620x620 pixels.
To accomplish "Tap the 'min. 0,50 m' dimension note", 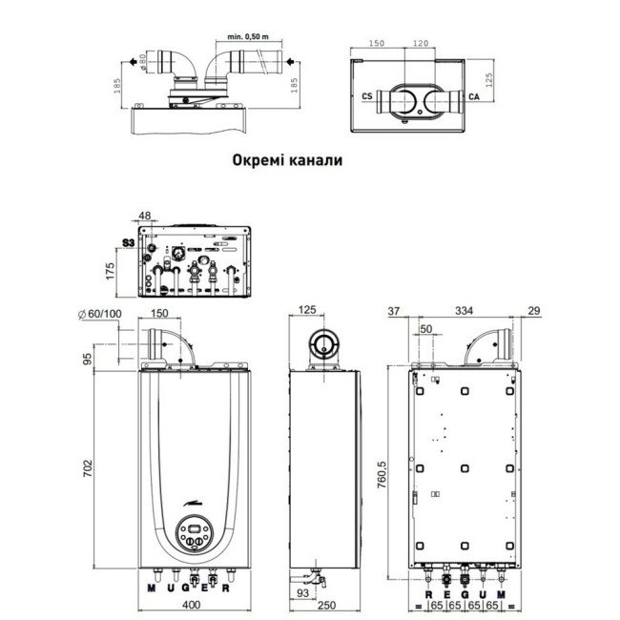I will [249, 36].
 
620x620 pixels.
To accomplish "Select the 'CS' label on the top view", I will [367, 96].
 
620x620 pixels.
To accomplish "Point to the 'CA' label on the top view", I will [474, 96].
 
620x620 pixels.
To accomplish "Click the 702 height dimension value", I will [87, 469].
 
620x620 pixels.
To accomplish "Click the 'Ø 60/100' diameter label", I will [98, 313].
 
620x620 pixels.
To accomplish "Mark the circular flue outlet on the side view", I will [324, 343].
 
